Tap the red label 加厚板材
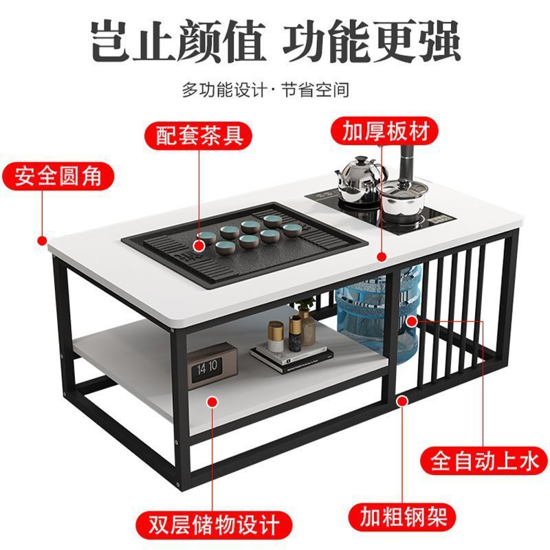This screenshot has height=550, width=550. [x=380, y=131]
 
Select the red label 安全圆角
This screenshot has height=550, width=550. [x=58, y=176]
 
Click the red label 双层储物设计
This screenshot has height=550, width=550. [x=217, y=522]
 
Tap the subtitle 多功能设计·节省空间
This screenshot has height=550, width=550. [x=275, y=90]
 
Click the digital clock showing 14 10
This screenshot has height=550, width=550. [x=206, y=368]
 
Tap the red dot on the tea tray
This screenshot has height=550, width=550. [x=200, y=243]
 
